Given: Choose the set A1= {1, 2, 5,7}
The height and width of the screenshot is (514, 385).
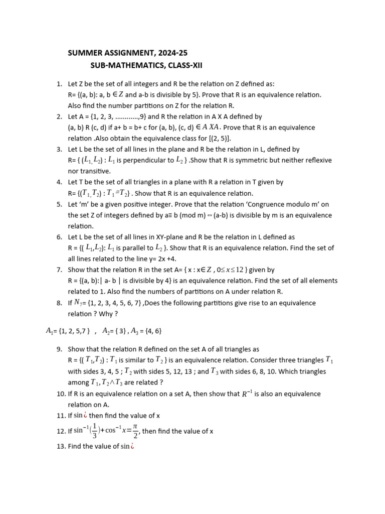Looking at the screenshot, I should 68,331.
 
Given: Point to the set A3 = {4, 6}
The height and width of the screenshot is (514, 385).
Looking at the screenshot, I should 146,331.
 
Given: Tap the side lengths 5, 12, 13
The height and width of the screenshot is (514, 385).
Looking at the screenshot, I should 169,371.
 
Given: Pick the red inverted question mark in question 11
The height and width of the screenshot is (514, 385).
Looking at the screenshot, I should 85,415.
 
